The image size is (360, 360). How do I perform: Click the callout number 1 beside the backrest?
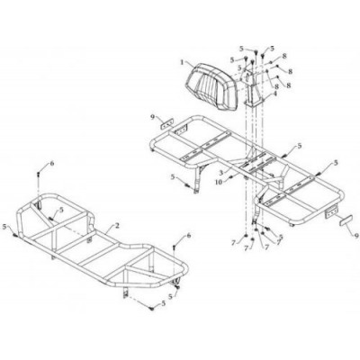click(182, 62)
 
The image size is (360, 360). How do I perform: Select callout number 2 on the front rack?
click(117, 226)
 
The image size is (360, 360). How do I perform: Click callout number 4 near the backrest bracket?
click(274, 93)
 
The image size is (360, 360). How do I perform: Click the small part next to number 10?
click(230, 177)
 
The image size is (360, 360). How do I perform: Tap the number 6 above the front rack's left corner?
click(52, 163)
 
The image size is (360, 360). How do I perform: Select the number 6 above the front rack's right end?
click(188, 236)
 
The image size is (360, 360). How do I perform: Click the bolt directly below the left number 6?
click(39, 174)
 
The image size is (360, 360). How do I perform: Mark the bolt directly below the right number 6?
click(174, 247)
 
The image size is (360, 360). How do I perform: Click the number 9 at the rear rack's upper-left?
click(154, 117)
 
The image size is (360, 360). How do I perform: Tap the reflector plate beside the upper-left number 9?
click(168, 123)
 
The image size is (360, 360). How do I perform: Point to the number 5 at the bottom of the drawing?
click(163, 303)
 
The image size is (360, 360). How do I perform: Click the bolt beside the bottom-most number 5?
click(152, 308)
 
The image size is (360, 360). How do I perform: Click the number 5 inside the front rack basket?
click(61, 211)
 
